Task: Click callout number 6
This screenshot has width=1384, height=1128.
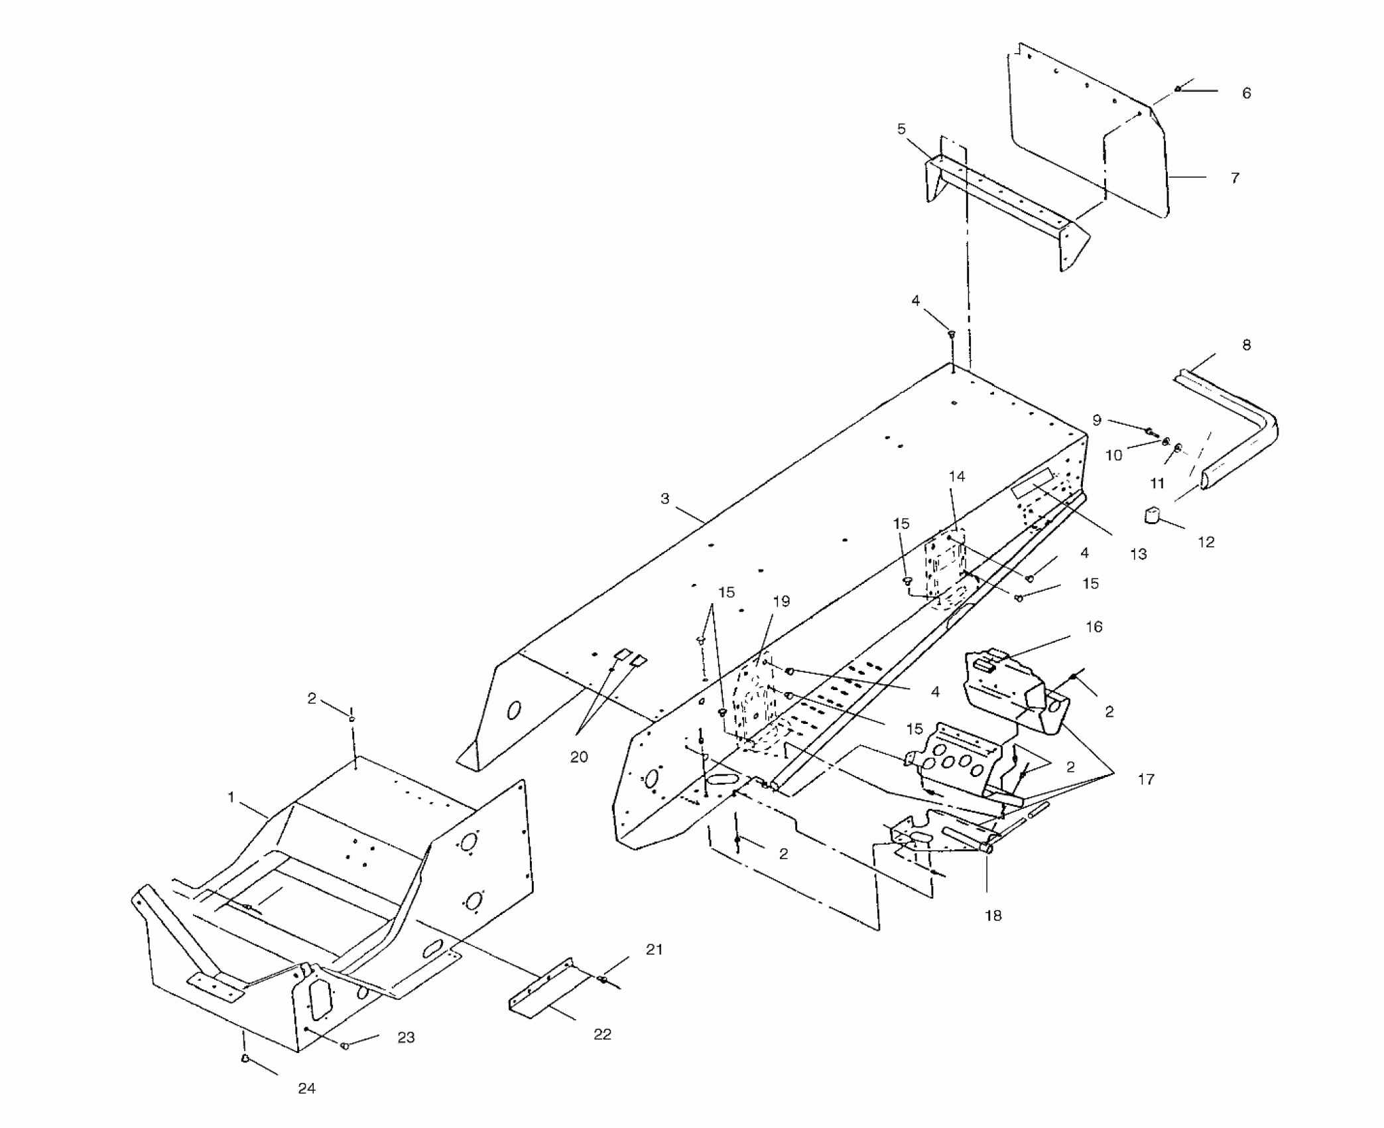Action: click(x=1246, y=94)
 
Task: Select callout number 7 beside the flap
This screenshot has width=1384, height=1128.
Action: click(x=1234, y=178)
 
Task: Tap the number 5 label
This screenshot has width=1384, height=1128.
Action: click(x=901, y=129)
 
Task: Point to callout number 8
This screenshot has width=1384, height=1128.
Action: click(x=1246, y=345)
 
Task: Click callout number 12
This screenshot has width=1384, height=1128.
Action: click(x=1206, y=542)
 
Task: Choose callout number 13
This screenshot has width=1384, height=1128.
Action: click(x=1138, y=554)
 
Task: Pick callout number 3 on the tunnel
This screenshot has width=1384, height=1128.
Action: click(x=665, y=498)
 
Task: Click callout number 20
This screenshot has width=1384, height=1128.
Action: click(x=579, y=757)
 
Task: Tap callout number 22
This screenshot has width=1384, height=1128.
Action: click(x=602, y=1034)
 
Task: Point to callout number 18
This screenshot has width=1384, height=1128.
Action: click(x=993, y=916)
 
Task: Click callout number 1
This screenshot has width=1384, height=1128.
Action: click(x=231, y=797)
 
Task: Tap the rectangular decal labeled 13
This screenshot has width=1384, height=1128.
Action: click(x=1032, y=482)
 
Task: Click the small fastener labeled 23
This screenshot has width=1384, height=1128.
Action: click(x=345, y=1046)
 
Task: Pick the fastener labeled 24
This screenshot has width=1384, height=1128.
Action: click(x=245, y=1058)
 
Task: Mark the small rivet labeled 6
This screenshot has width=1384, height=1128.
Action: click(x=1178, y=89)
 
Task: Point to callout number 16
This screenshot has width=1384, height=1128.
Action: click(x=1094, y=627)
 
